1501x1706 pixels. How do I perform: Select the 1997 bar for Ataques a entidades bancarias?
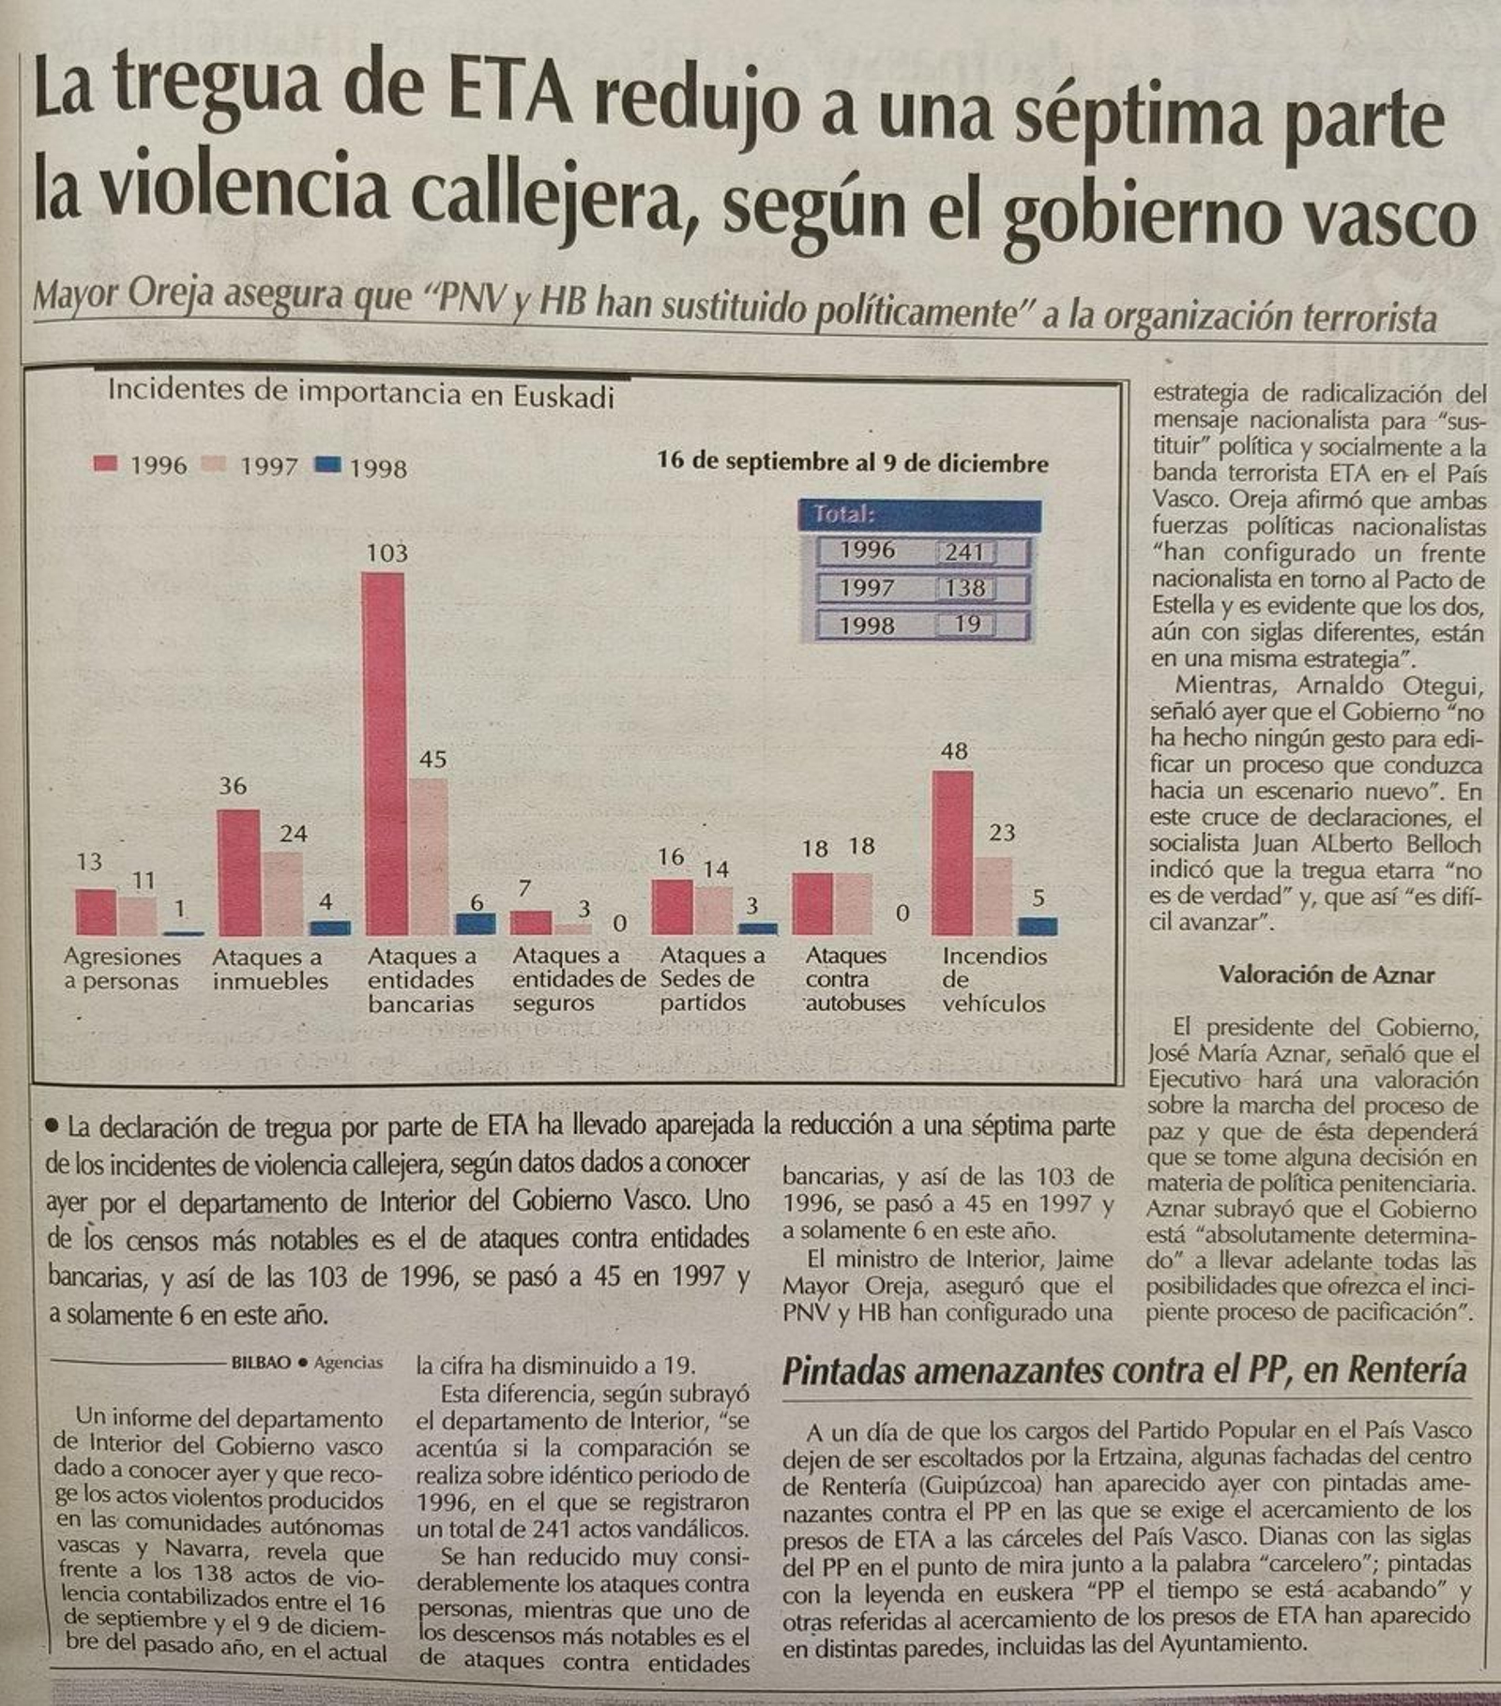point(429,855)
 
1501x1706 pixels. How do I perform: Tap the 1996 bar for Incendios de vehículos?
point(953,853)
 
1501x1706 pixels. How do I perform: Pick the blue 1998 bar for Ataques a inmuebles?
point(330,928)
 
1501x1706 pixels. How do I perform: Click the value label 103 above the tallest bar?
point(387,552)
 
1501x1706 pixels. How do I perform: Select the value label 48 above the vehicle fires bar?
point(954,751)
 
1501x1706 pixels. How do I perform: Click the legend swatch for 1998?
point(327,464)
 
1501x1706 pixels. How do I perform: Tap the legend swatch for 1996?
point(106,463)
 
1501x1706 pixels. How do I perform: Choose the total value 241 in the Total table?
point(964,551)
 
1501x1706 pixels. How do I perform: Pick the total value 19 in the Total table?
point(966,625)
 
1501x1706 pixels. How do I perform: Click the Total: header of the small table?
point(844,514)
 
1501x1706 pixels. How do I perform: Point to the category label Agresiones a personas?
point(122,969)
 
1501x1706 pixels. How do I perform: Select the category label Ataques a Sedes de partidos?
point(710,978)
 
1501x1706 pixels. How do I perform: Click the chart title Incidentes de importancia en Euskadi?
point(361,392)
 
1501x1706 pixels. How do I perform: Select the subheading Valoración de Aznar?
point(1327,974)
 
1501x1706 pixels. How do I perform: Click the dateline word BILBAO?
point(261,1362)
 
